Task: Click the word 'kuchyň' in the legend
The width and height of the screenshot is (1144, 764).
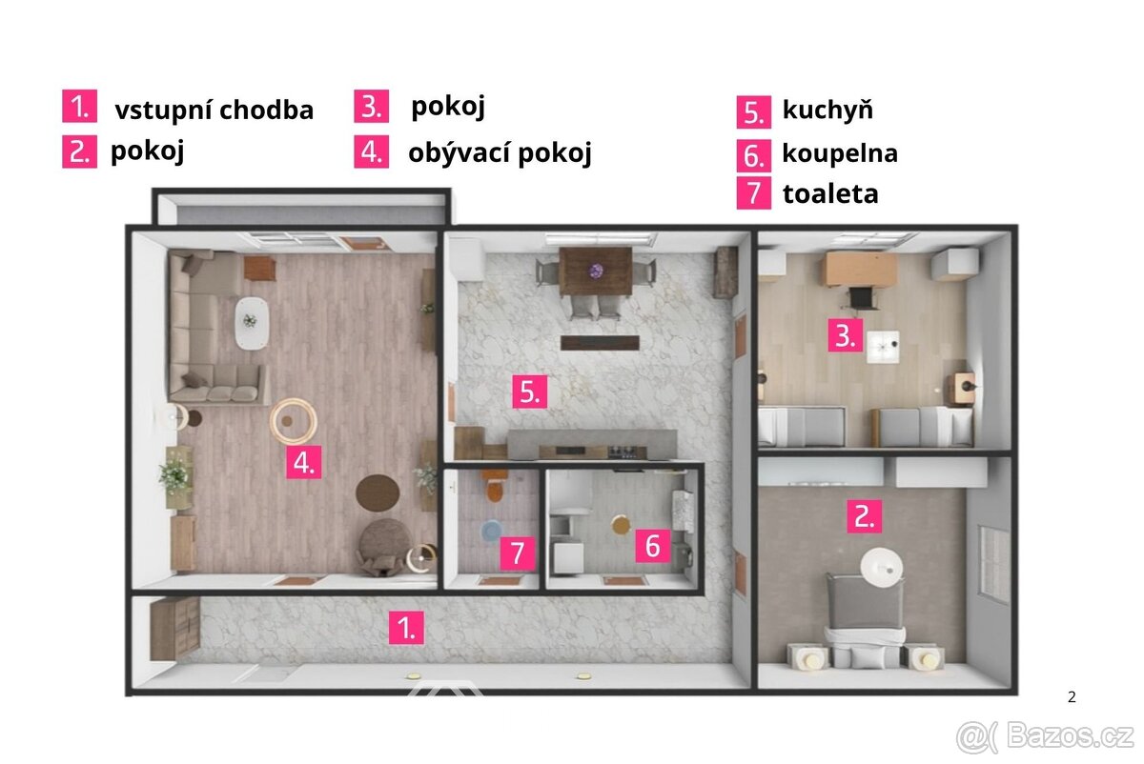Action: pyautogui.click(x=827, y=111)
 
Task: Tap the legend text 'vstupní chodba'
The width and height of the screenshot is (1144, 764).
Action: pyautogui.click(x=214, y=111)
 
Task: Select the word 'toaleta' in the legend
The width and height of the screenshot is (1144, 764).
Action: pyautogui.click(x=830, y=194)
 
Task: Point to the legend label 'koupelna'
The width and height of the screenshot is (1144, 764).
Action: pyautogui.click(x=840, y=153)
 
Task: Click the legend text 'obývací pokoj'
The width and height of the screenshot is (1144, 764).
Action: pyautogui.click(x=500, y=152)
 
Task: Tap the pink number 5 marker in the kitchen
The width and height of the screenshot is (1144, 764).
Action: pyautogui.click(x=530, y=392)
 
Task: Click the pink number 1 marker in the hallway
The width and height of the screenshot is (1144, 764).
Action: pyautogui.click(x=406, y=628)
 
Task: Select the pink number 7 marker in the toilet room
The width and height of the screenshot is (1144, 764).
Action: pyautogui.click(x=518, y=553)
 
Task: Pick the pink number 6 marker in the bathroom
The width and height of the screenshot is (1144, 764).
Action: pyautogui.click(x=653, y=546)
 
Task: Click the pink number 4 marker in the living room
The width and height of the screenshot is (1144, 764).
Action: pyautogui.click(x=303, y=462)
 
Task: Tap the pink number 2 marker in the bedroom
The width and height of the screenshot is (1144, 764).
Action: pyautogui.click(x=864, y=516)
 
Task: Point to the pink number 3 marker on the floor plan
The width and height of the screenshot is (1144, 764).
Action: pyautogui.click(x=846, y=336)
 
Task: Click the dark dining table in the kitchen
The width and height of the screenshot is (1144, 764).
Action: pyautogui.click(x=596, y=271)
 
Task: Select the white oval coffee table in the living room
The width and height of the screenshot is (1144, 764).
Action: pyautogui.click(x=252, y=324)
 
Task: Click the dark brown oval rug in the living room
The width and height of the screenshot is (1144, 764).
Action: pyautogui.click(x=378, y=493)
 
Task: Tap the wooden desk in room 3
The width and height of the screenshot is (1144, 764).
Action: pyautogui.click(x=860, y=269)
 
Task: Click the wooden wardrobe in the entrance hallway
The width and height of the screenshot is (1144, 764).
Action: pyautogui.click(x=174, y=629)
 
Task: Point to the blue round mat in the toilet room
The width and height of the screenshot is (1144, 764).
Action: pyautogui.click(x=491, y=531)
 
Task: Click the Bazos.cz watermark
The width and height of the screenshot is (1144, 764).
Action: pyautogui.click(x=1046, y=737)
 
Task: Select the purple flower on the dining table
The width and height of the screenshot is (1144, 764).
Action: pyautogui.click(x=596, y=271)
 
